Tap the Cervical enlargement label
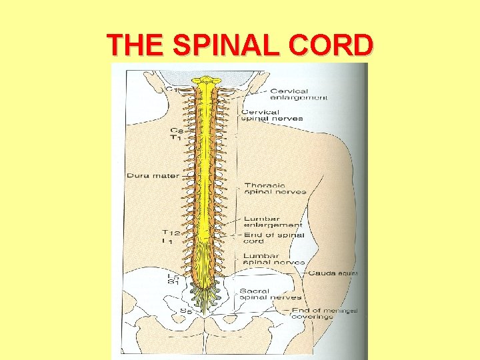click(298, 93)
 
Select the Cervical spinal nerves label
click(272, 115)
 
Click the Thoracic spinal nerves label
click(275, 189)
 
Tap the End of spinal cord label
click(273, 238)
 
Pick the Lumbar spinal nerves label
click(274, 259)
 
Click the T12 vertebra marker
click(172, 233)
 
